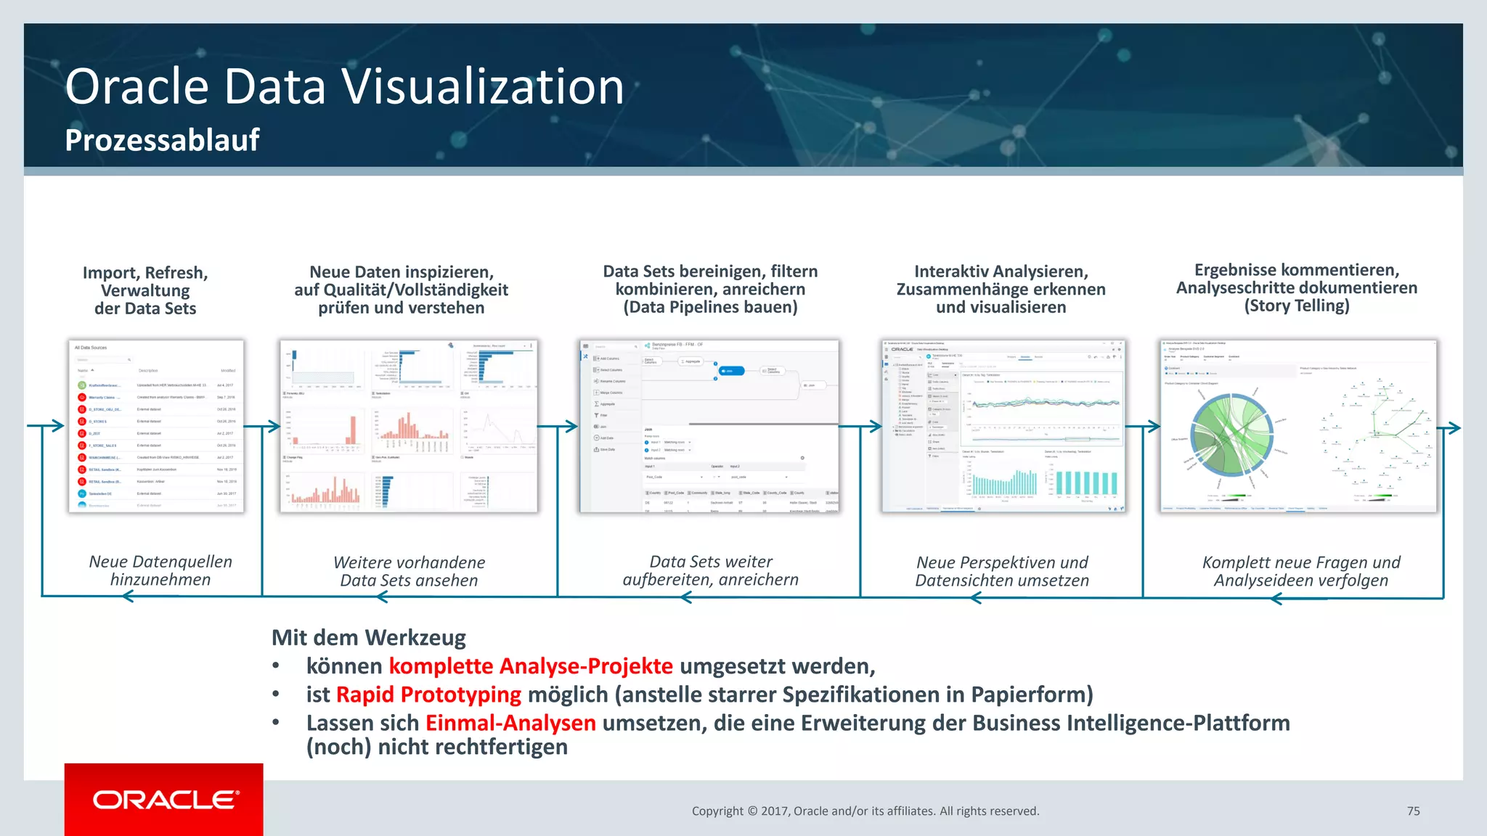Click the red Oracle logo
164,799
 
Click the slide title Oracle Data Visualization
344,86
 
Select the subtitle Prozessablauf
162,140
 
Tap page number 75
1413,811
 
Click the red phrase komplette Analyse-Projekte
531,666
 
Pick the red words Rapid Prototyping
428,694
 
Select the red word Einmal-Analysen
510,723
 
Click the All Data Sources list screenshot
156,426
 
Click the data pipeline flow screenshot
709,426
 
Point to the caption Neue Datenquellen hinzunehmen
160,570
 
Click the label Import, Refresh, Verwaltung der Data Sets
145,290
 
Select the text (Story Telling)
1297,306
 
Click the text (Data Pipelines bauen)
710,307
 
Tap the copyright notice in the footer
865,811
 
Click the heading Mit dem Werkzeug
369,638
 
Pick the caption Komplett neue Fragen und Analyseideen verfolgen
1301,571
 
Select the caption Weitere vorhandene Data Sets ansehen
409,571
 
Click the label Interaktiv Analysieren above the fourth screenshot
1001,271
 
